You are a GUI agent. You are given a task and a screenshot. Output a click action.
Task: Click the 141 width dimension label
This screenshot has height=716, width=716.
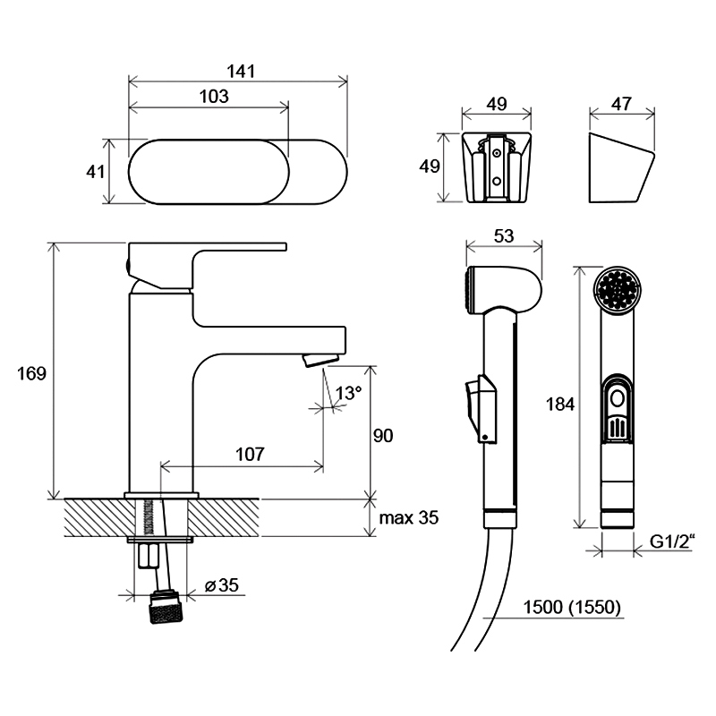[241, 72]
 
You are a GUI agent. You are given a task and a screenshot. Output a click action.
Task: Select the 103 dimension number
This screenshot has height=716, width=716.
[214, 97]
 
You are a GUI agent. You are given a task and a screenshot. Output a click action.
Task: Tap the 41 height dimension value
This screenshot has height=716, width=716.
[96, 172]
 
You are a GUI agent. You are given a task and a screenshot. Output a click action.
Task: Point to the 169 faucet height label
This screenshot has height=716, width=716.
[31, 373]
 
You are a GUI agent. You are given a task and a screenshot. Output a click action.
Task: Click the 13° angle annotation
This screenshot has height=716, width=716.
[348, 393]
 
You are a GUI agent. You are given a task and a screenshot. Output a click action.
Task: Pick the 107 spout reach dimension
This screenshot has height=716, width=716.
[250, 455]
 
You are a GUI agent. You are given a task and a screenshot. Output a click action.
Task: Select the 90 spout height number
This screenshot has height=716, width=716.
[383, 436]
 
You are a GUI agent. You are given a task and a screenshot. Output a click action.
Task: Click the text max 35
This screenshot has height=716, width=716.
[409, 518]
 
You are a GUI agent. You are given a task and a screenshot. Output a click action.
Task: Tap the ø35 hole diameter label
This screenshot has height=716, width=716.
[222, 585]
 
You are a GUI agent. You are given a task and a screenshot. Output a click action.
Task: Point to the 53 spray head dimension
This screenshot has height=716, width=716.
[504, 236]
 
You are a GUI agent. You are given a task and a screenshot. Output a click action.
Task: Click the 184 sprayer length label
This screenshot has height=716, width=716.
[560, 405]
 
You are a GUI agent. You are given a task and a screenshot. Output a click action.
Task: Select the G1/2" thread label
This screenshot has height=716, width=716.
[672, 541]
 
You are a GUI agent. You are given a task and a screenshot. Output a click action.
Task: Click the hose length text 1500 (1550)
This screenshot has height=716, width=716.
[572, 608]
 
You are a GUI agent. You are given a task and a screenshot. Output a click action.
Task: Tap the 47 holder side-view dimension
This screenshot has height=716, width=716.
[621, 104]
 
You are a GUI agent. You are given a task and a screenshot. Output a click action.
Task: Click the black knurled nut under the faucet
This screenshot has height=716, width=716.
[166, 608]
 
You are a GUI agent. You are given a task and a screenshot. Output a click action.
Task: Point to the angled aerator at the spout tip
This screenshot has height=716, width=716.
[320, 360]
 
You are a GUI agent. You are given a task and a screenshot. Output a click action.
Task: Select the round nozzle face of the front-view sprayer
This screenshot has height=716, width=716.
[618, 290]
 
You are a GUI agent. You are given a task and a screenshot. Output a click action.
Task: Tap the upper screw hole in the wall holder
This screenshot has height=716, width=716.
[497, 154]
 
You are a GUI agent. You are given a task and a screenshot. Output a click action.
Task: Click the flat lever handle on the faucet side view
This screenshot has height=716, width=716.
[208, 247]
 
